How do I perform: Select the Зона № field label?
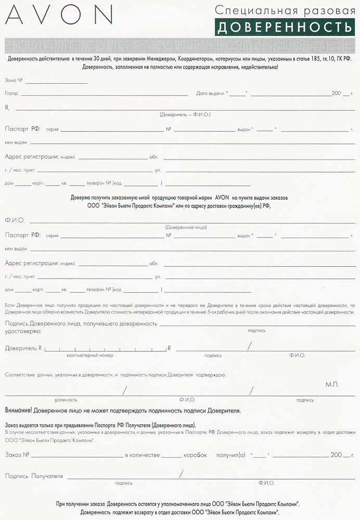coord(14,81)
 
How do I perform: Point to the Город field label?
coord(11,94)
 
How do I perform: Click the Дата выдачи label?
coord(210,94)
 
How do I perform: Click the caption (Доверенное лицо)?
coord(185,227)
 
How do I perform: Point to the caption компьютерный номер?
coord(89,356)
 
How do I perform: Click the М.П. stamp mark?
coord(332,384)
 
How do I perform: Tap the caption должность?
coord(66,400)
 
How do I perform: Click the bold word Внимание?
coord(18,411)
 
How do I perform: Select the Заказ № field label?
coord(17,455)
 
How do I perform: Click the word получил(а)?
coord(230,455)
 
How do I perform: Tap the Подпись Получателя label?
coord(34,476)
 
